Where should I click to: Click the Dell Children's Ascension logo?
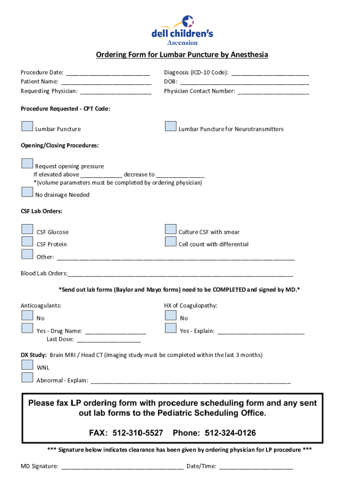182,30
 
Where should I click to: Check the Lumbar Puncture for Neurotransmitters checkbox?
171,127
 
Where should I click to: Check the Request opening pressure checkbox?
27,163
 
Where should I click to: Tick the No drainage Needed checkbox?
27,192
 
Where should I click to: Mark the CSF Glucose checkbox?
27,229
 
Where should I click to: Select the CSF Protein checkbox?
27,241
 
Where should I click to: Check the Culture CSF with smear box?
171,229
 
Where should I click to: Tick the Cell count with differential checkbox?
171,241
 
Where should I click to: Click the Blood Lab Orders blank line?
180,274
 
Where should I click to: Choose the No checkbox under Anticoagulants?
27,315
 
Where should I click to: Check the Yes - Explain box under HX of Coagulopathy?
171,328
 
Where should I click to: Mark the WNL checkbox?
27,365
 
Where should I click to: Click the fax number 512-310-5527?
138,433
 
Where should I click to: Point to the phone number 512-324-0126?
230,433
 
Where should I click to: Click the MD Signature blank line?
122,467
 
